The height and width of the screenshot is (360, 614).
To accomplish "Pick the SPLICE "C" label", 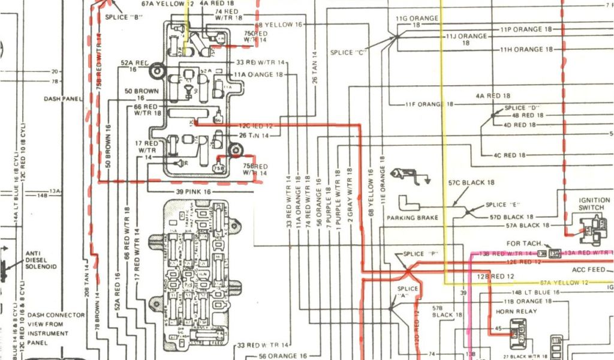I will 350,53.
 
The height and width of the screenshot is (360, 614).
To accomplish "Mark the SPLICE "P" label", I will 419,254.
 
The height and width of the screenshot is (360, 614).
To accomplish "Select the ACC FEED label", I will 588,269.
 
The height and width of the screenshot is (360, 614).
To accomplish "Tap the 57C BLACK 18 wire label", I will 471,182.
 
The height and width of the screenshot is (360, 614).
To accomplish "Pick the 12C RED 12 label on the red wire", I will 256,126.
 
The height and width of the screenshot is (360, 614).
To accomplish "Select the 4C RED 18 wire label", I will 509,155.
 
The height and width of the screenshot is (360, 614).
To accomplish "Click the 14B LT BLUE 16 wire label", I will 523,292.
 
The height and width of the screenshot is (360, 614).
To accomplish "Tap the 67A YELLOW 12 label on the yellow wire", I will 563,282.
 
